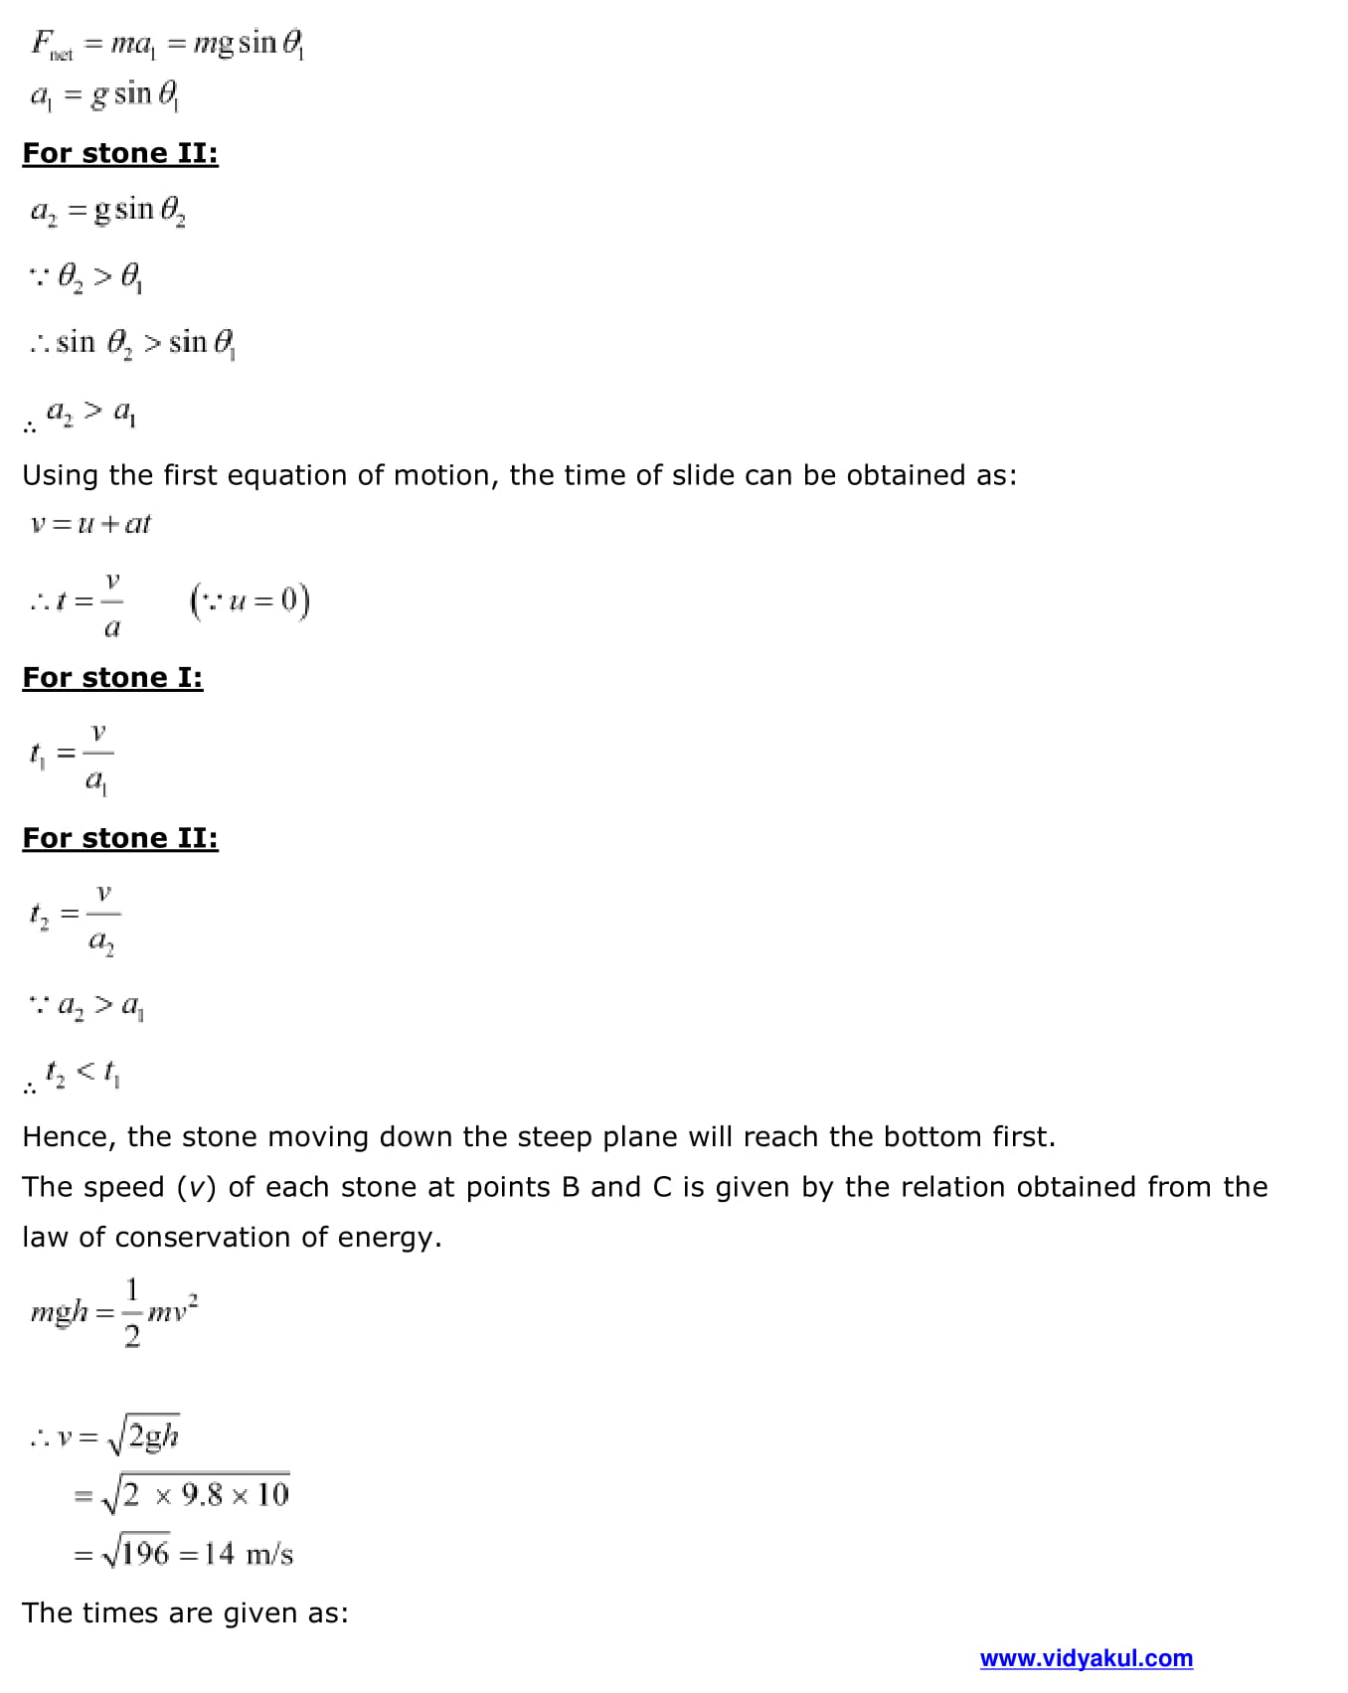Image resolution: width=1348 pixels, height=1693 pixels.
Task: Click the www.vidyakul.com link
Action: click(x=1086, y=1658)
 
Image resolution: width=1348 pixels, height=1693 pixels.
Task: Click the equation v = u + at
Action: click(x=90, y=524)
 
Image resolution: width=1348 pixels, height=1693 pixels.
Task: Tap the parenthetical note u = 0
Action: click(x=250, y=600)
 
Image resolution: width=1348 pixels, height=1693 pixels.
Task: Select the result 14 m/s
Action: click(x=249, y=1554)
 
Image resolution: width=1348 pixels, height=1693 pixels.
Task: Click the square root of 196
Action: click(x=136, y=1553)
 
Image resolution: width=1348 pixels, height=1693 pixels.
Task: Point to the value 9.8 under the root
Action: click(x=202, y=1495)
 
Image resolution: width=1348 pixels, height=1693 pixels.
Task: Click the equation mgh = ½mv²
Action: click(x=113, y=1313)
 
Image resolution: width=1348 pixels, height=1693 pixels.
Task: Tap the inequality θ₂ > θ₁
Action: click(x=98, y=275)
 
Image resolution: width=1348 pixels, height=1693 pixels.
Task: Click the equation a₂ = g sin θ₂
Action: click(x=107, y=212)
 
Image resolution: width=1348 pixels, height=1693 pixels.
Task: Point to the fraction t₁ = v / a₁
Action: click(x=71, y=757)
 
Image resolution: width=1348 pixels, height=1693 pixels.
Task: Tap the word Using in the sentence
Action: click(x=61, y=476)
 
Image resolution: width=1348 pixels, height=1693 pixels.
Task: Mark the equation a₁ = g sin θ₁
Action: click(x=103, y=95)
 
